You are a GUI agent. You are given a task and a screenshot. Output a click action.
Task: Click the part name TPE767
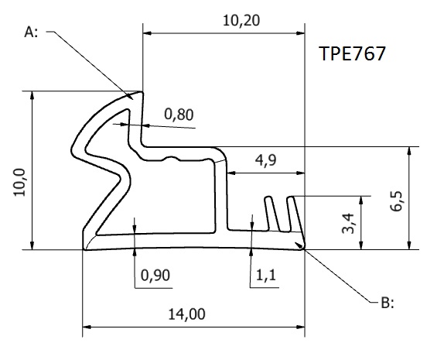[352, 53]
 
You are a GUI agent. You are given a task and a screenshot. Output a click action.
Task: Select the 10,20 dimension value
[241, 21]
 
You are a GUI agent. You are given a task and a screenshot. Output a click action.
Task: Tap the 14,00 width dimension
[186, 314]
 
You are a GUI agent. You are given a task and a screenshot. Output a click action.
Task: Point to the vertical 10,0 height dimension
[20, 182]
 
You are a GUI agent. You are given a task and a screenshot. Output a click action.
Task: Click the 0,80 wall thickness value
[179, 115]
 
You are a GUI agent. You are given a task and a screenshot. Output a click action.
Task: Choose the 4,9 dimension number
[265, 161]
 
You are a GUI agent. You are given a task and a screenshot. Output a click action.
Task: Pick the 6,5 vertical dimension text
[396, 201]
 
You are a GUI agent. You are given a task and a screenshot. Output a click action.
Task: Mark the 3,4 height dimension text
[348, 224]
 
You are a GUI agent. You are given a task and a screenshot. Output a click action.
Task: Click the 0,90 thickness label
[155, 276]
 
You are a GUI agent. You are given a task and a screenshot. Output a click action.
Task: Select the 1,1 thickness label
[265, 275]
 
